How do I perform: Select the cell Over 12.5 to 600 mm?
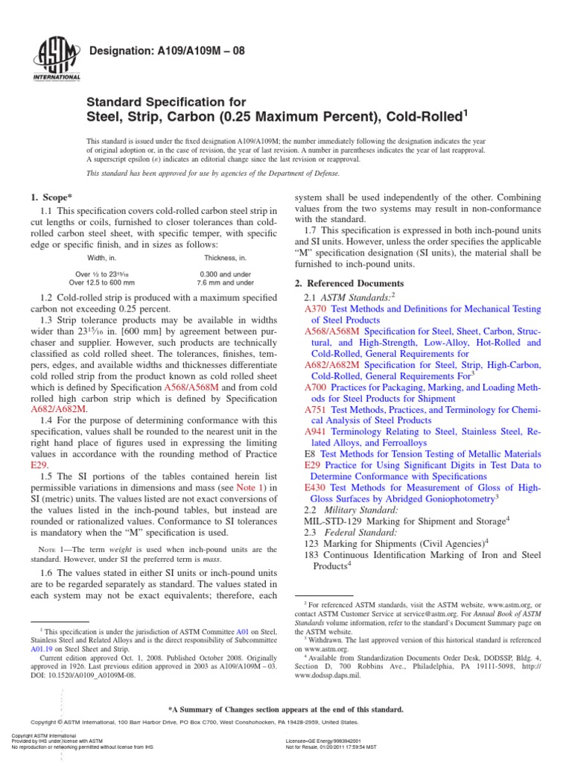pyautogui.click(x=102, y=283)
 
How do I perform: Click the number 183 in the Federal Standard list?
pyautogui.click(x=312, y=554)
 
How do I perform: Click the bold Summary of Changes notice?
pyautogui.click(x=286, y=709)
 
